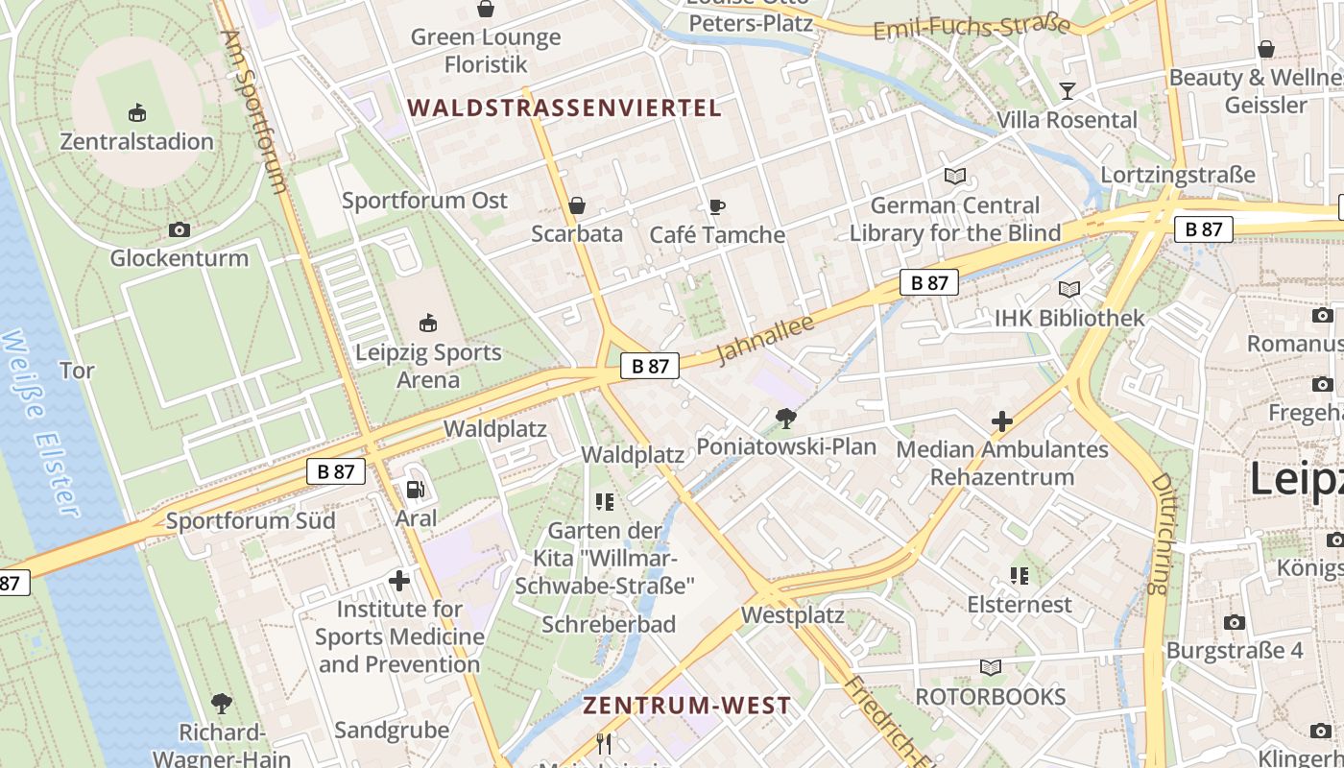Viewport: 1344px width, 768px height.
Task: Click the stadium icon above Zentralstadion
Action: pos(137,113)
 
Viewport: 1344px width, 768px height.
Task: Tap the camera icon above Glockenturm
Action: pos(179,229)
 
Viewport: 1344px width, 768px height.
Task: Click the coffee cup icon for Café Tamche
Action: pos(716,206)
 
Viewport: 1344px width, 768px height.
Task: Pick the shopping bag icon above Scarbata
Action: pos(577,205)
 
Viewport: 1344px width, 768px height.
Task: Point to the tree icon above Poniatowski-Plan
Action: pos(786,419)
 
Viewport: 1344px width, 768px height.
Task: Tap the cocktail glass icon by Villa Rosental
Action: pos(1067,91)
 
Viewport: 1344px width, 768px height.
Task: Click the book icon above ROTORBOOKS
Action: pos(991,667)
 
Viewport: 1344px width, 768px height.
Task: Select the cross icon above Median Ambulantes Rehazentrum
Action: pos(1002,420)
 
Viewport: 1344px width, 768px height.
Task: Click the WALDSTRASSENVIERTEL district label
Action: pos(564,108)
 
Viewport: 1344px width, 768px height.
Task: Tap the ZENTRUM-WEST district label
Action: pos(687,706)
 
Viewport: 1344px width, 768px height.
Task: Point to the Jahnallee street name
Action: pos(765,340)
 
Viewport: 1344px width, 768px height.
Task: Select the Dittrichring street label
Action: pos(1162,532)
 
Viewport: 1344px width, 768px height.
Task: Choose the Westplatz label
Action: pos(793,615)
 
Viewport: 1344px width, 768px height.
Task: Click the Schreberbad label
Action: pos(609,625)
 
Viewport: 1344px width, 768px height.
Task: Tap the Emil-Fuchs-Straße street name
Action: pos(971,27)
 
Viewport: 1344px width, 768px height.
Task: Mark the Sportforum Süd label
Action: pos(251,521)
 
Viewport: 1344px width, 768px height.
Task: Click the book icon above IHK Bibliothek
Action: pos(1069,289)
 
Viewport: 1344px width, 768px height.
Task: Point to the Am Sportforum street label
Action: pos(254,110)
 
